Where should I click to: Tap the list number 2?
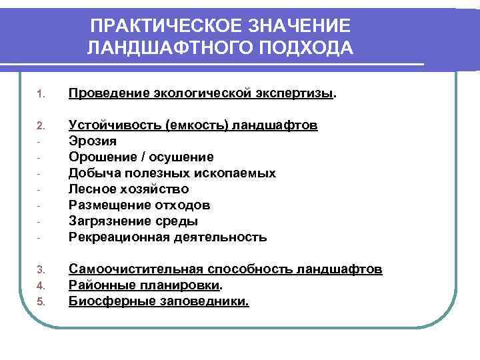click(x=39, y=126)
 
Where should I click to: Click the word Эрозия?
click(x=93, y=141)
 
